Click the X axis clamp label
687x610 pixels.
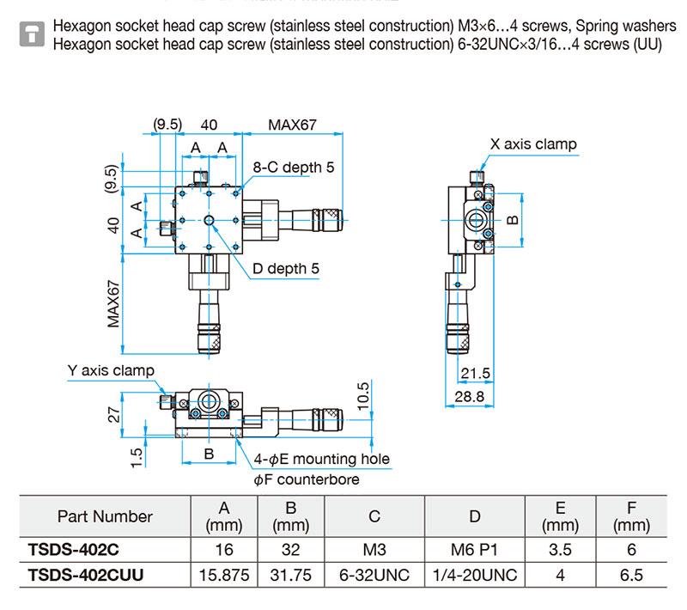coord(533,144)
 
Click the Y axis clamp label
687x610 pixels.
coord(112,370)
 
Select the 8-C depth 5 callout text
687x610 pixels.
coord(293,168)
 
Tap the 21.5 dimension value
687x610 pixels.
coord(475,373)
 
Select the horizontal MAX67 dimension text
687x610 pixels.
coord(292,125)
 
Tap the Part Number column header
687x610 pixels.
coord(105,516)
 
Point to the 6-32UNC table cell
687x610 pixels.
coord(374,575)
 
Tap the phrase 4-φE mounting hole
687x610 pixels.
coord(322,459)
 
